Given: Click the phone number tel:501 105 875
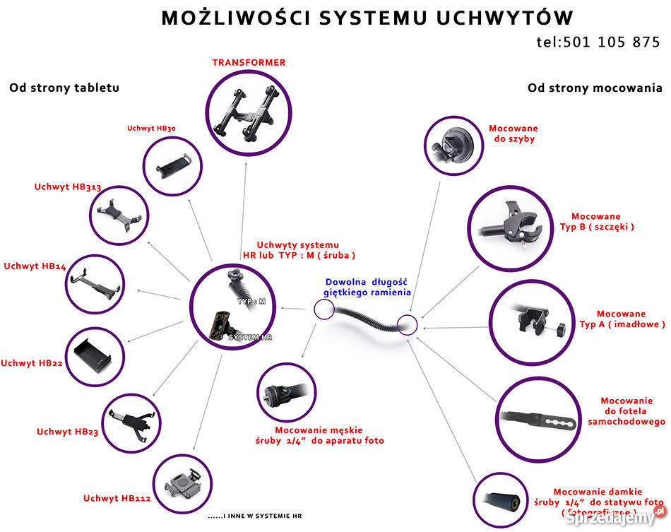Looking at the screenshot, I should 598,42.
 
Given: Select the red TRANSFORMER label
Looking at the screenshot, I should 249,63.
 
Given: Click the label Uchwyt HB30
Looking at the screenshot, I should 151,129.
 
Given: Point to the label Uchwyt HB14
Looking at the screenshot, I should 35,266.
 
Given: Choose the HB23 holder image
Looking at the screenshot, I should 131,422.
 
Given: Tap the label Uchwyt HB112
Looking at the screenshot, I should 117,498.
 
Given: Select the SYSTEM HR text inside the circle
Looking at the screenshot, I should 250,338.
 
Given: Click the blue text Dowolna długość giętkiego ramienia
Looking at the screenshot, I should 367,287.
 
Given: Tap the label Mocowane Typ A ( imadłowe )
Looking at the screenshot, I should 622,319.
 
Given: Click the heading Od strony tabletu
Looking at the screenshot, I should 64,88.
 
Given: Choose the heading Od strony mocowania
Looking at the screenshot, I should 595,88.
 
